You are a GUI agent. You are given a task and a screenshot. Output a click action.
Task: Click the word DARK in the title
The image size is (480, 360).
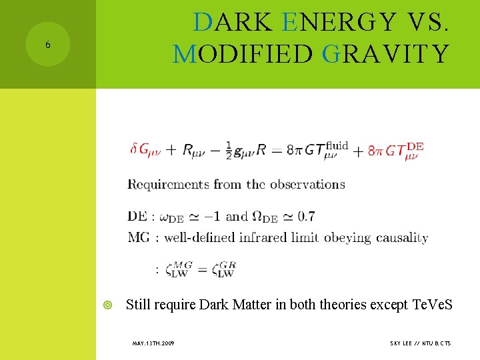[x=232, y=23]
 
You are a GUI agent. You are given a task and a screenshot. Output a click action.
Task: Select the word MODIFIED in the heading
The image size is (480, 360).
[x=241, y=53]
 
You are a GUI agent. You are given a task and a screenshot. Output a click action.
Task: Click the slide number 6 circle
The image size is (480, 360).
[x=47, y=45]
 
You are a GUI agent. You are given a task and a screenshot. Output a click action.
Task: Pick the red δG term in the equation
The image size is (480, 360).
[x=145, y=150]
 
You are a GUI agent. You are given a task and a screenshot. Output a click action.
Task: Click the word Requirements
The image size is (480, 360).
[x=170, y=185]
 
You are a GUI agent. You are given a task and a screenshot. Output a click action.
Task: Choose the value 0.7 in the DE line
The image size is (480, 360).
[x=307, y=216]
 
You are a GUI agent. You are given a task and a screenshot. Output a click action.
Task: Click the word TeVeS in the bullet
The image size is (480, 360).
[x=432, y=305]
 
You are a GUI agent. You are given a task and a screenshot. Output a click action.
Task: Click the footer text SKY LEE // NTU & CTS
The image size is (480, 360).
[x=420, y=343]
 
